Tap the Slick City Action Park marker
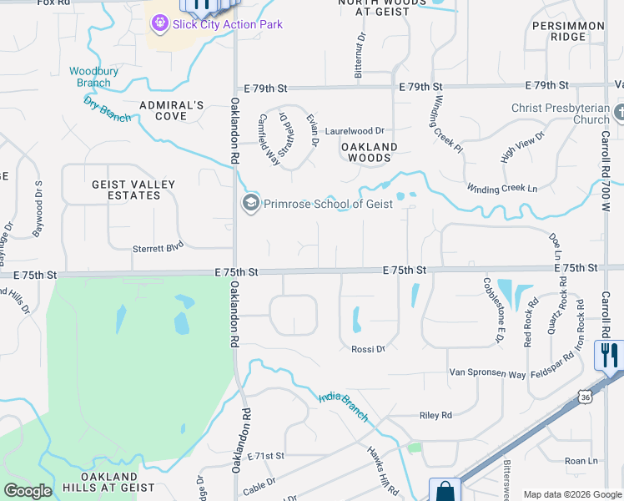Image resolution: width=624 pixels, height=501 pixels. click(159, 23)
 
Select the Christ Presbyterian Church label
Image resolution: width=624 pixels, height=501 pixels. click(561, 114)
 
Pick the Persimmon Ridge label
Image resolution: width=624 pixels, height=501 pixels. click(570, 32)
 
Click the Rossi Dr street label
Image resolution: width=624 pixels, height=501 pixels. click(368, 349)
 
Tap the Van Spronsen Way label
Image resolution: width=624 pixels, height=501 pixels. click(488, 372)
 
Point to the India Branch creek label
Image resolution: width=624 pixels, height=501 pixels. click(344, 407)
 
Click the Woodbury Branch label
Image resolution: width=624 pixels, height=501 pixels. click(90, 77)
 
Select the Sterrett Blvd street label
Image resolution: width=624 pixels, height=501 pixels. click(158, 248)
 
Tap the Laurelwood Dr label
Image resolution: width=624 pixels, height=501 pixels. click(355, 131)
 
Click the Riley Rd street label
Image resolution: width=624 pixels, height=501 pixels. click(435, 415)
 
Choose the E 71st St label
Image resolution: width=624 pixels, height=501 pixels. click(266, 456)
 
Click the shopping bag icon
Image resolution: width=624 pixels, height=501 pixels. click(444, 489)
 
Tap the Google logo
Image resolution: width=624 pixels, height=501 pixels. click(28, 491)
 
